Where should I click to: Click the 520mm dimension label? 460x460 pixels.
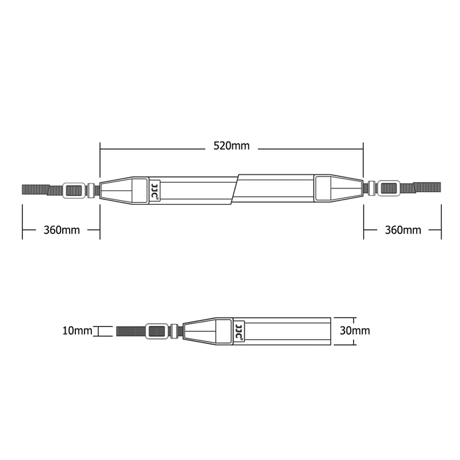click(x=231, y=146)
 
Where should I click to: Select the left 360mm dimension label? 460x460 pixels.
click(x=62, y=230)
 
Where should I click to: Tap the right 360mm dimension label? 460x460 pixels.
click(x=402, y=230)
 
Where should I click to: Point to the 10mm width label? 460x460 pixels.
click(x=77, y=331)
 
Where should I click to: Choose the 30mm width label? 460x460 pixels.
click(x=355, y=331)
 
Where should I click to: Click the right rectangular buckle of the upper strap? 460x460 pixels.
click(x=389, y=188)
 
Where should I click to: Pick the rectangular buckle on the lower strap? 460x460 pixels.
click(x=156, y=331)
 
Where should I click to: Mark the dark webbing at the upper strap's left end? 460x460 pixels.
click(x=34, y=189)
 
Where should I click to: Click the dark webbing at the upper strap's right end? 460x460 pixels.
click(x=427, y=186)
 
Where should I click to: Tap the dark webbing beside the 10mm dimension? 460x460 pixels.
click(x=130, y=331)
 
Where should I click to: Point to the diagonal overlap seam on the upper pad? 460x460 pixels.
click(x=236, y=189)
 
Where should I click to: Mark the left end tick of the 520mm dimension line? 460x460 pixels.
click(x=100, y=148)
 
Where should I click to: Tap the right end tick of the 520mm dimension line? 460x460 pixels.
click(x=363, y=148)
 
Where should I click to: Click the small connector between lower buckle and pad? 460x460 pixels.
click(x=175, y=331)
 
